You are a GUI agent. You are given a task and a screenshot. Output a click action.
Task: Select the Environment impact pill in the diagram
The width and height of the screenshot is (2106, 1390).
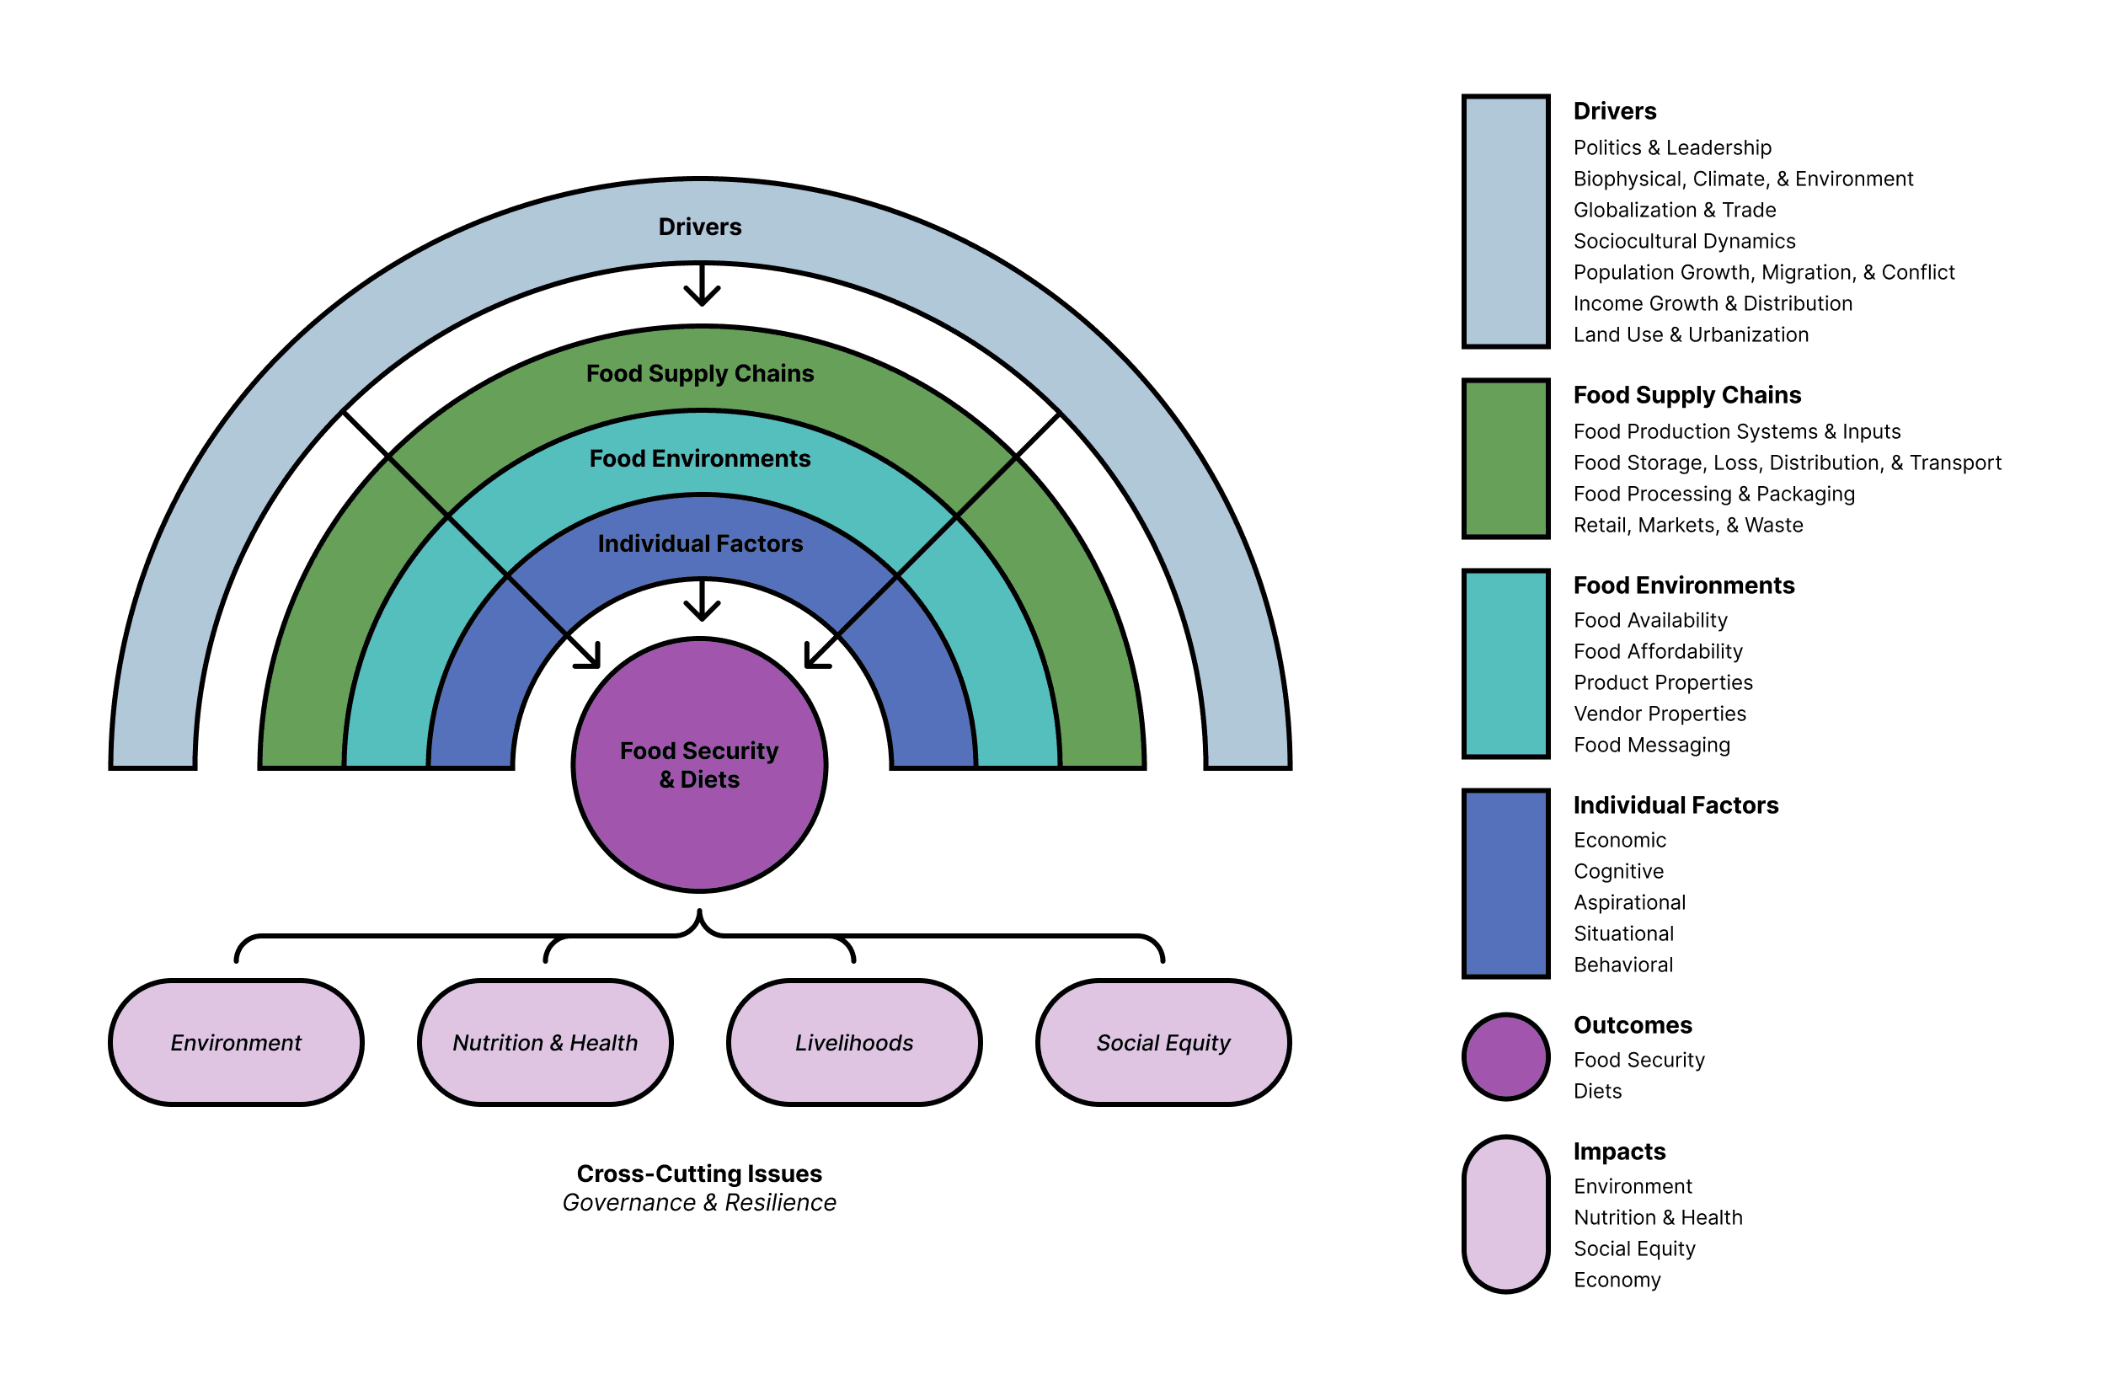point(236,1043)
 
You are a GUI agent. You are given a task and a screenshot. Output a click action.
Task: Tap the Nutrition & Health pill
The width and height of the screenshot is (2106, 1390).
point(545,1043)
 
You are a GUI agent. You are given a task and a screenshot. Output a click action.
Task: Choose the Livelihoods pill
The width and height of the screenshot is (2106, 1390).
point(853,1043)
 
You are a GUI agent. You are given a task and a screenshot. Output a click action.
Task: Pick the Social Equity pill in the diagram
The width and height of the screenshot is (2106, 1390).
point(1163,1043)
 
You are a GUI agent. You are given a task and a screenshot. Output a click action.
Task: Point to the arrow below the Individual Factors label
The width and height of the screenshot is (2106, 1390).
point(702,601)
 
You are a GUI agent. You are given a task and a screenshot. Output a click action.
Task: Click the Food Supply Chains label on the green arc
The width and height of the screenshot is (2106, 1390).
point(699,373)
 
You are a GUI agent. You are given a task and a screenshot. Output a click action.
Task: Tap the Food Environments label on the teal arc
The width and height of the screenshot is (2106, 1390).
point(699,458)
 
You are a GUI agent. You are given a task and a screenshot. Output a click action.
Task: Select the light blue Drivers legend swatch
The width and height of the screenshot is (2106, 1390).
point(1505,222)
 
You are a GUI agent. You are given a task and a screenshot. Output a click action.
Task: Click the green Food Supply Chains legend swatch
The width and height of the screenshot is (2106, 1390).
point(1505,458)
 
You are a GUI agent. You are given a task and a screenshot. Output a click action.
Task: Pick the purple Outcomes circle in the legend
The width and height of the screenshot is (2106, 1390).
point(1505,1056)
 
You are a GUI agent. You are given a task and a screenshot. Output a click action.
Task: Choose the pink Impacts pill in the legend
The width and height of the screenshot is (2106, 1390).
point(1505,1214)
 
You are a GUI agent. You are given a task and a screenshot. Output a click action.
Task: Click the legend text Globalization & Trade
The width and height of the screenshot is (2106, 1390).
point(1675,210)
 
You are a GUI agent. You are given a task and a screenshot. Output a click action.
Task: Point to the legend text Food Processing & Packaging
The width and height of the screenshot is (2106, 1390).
point(1713,494)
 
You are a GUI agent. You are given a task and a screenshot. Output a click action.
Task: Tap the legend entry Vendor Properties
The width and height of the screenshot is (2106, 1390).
point(1660,714)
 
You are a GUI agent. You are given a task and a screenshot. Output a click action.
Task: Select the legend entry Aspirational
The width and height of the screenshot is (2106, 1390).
point(1629,902)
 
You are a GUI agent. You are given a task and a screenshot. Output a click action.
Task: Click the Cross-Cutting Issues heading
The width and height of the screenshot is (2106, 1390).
point(699,1173)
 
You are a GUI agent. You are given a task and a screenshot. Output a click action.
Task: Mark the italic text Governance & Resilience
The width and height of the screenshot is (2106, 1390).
point(699,1203)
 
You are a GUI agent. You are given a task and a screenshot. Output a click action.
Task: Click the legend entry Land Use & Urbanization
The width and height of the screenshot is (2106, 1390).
point(1691,335)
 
